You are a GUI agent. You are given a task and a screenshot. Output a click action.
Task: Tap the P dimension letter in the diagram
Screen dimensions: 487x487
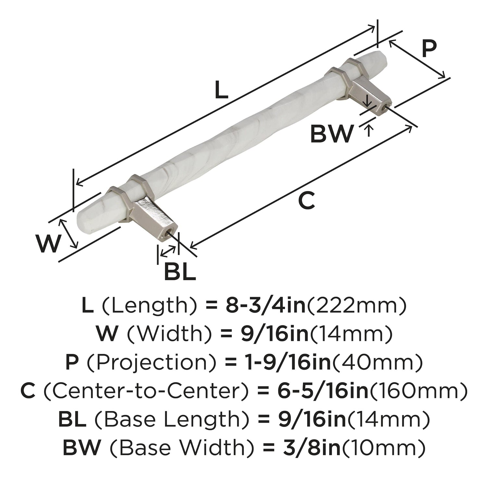pos(429,50)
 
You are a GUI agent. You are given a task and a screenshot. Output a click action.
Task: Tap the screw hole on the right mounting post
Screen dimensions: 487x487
pos(385,109)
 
